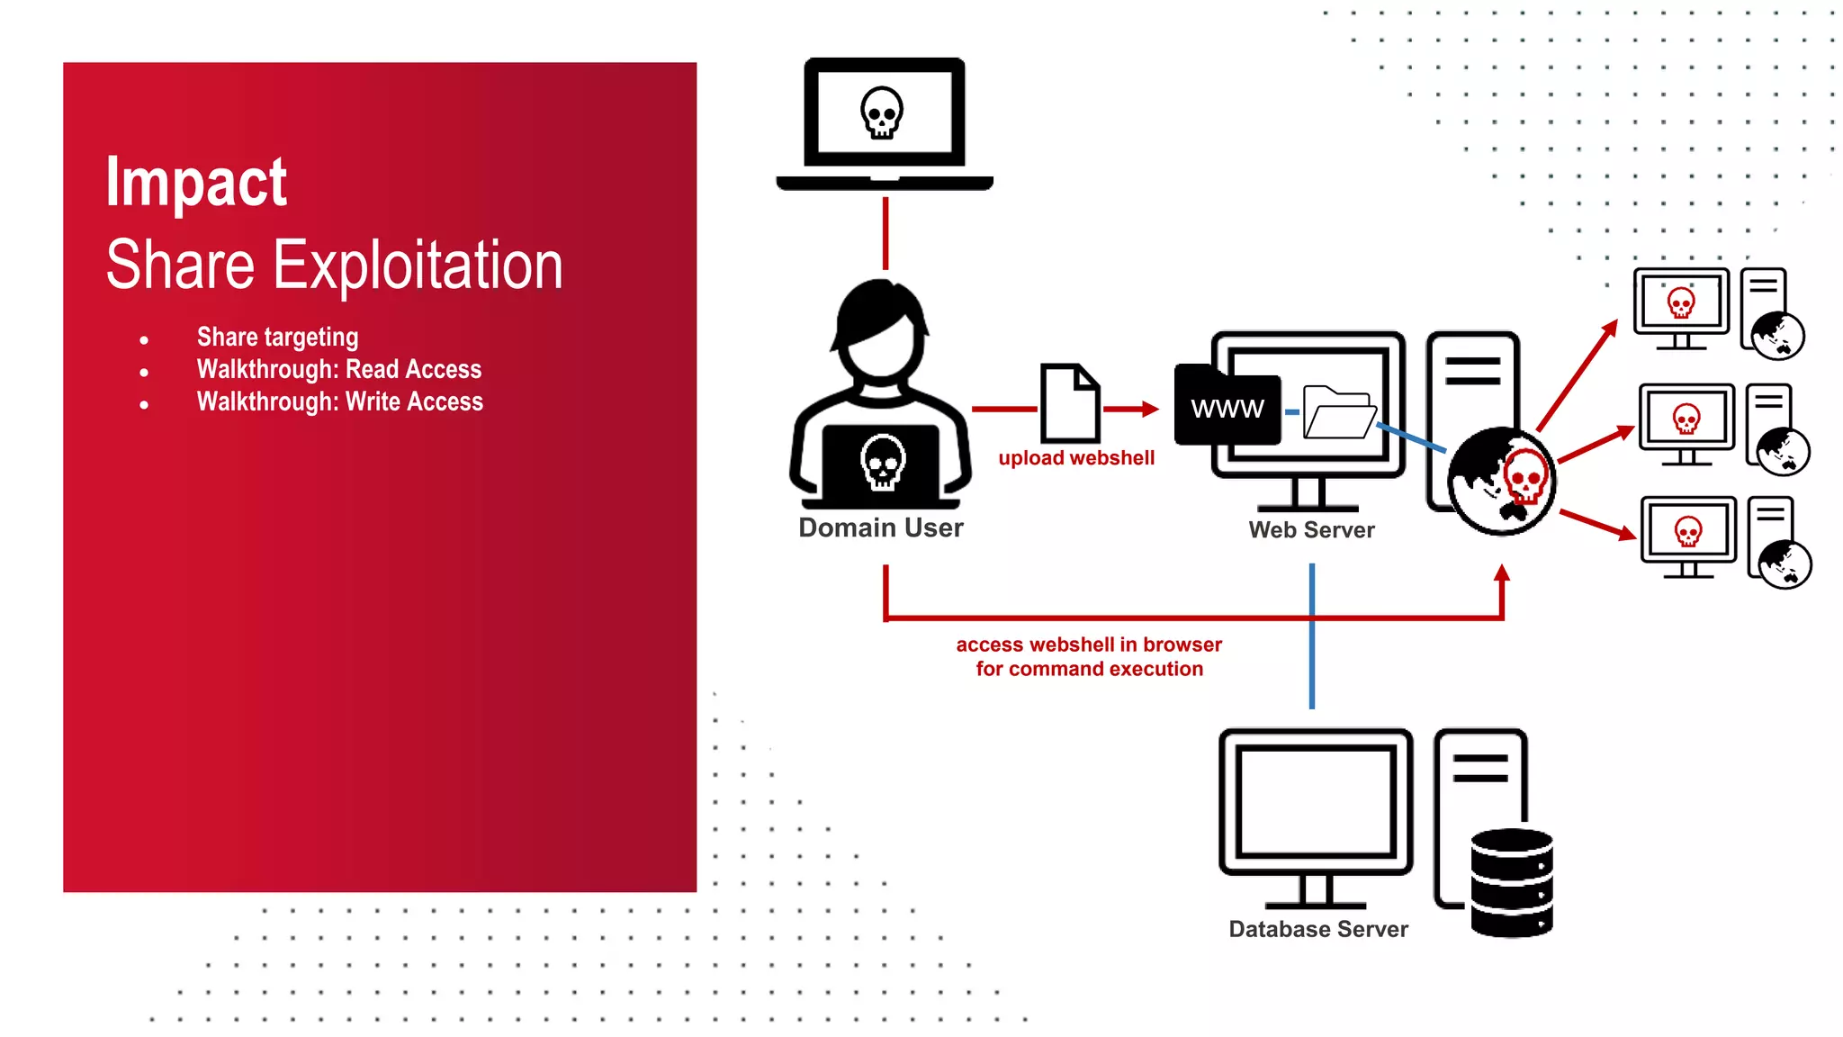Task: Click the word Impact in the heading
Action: tap(196, 183)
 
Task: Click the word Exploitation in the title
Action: tap(418, 266)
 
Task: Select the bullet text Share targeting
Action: tap(277, 337)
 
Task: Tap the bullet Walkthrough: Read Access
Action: tap(339, 369)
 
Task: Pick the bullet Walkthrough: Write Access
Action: tap(340, 401)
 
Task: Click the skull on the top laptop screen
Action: tap(882, 113)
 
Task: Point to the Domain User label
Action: tap(880, 528)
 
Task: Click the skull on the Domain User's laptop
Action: tap(883, 462)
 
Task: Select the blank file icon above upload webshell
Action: tap(1070, 402)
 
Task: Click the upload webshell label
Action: tap(1076, 458)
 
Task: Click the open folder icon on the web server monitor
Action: tap(1339, 412)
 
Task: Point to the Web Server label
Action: tap(1311, 530)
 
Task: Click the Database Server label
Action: tap(1318, 929)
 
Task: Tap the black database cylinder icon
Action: tap(1512, 883)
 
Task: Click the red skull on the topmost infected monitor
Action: tap(1681, 302)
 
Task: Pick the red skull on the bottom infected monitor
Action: tap(1688, 531)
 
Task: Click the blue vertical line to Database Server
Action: tap(1312, 666)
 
